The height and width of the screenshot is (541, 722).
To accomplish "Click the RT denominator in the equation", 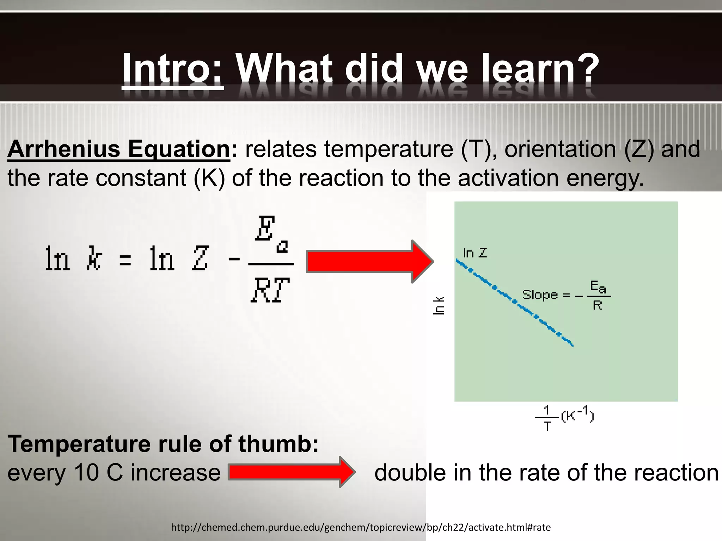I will [x=270, y=290].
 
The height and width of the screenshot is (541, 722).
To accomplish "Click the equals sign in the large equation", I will [x=125, y=261].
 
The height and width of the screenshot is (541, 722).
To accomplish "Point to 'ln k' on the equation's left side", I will [x=73, y=259].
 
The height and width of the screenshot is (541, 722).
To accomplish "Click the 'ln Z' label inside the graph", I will [x=475, y=253].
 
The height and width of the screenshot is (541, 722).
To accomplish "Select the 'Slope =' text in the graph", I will [x=545, y=295].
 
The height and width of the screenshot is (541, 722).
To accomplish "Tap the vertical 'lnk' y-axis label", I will [x=439, y=305].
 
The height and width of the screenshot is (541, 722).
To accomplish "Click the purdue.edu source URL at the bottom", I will [x=361, y=527].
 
